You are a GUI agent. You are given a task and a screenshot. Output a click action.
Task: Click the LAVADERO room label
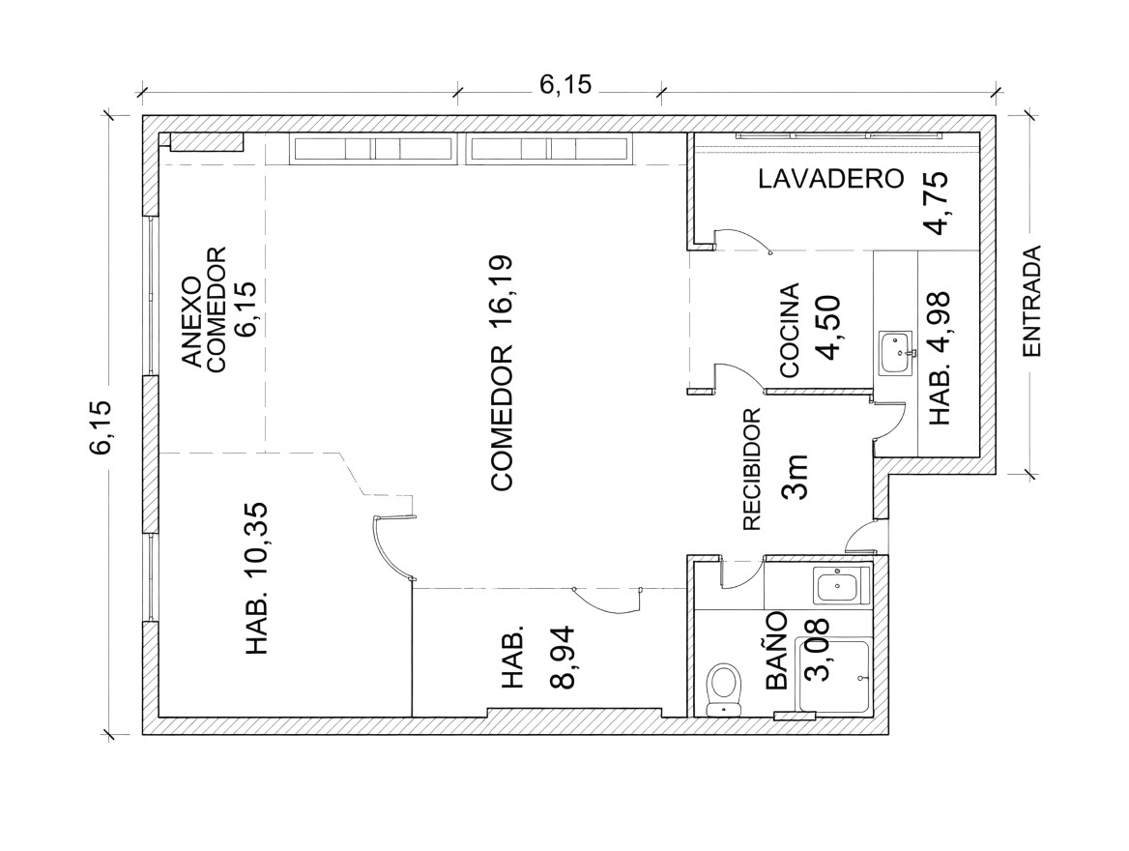pyautogui.click(x=830, y=179)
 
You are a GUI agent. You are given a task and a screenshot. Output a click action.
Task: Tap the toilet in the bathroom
pyautogui.click(x=724, y=690)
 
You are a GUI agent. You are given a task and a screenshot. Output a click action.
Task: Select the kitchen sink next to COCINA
pyautogui.click(x=896, y=352)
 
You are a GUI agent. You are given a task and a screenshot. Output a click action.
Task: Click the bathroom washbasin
pyautogui.click(x=840, y=584)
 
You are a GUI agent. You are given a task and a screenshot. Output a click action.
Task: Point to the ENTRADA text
pyautogui.click(x=1031, y=301)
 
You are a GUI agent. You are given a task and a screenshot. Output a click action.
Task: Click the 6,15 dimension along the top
pyautogui.click(x=565, y=84)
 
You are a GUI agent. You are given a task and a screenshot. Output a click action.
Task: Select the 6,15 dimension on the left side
pyautogui.click(x=101, y=426)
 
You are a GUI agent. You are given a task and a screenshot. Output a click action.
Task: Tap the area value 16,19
pyautogui.click(x=501, y=288)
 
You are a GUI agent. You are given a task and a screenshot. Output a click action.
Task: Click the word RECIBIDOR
pyautogui.click(x=751, y=469)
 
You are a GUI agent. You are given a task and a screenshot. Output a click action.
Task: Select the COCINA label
pyautogui.click(x=790, y=330)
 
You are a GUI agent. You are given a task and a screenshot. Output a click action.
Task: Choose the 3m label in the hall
pyautogui.click(x=795, y=477)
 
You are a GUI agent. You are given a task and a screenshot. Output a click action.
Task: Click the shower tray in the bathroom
pyautogui.click(x=834, y=675)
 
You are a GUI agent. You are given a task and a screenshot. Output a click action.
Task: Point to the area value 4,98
pyautogui.click(x=940, y=318)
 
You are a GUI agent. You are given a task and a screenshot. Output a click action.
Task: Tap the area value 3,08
pyautogui.click(x=817, y=650)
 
